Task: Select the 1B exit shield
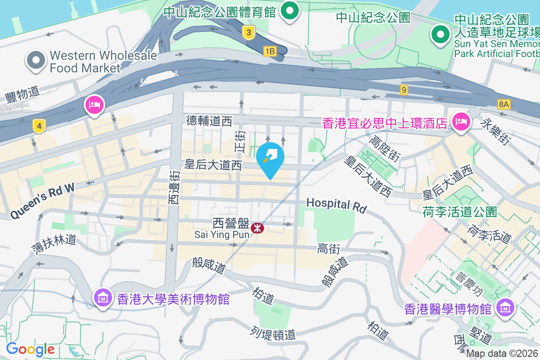point(270,51)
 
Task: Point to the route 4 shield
point(40,126)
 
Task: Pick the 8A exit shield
point(504,104)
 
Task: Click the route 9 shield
point(404,90)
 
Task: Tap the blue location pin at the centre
point(270,158)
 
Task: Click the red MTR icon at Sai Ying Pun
point(257,228)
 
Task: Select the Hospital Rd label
point(337,205)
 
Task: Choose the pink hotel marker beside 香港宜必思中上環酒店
point(461,121)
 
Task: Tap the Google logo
point(31,349)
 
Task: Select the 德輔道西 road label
point(210,121)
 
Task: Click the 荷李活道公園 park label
point(460,211)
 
